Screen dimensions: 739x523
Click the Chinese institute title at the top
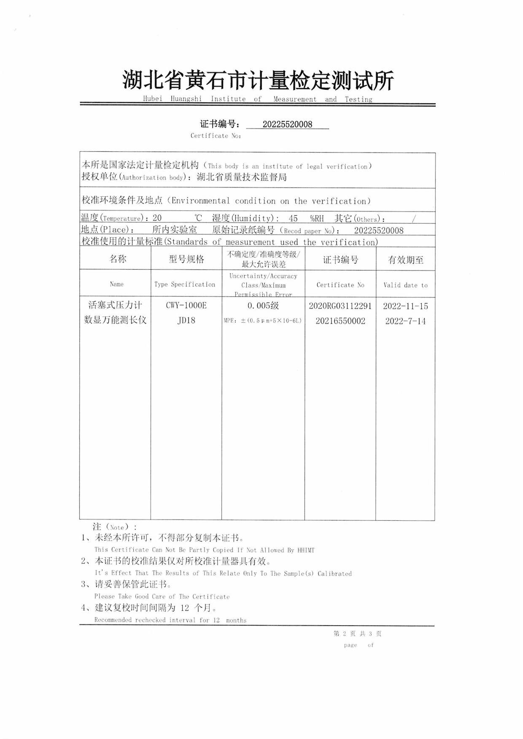pos(258,80)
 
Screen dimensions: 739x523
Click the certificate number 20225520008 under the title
pos(287,124)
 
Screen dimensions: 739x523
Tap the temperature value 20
pos(157,218)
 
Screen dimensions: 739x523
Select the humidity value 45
pos(293,218)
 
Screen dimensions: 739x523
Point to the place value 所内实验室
pos(175,230)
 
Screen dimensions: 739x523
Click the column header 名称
pos(118,259)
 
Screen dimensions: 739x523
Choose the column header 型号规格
pos(186,259)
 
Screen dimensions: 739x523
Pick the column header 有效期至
pos(405,260)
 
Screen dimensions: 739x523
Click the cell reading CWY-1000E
pos(186,305)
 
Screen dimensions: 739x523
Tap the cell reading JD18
pos(186,320)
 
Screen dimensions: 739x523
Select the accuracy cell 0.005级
pos(263,305)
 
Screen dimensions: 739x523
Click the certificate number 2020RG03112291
pos(340,306)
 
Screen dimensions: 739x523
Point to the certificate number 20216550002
pos(340,321)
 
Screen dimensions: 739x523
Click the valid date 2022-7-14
pos(405,321)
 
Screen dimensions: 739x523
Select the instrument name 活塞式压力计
pos(115,305)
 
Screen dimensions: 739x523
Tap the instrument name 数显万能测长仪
pos(115,320)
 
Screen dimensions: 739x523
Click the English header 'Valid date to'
pos(405,285)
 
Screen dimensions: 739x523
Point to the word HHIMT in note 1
pos(306,550)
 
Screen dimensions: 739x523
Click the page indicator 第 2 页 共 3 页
pos(357,634)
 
